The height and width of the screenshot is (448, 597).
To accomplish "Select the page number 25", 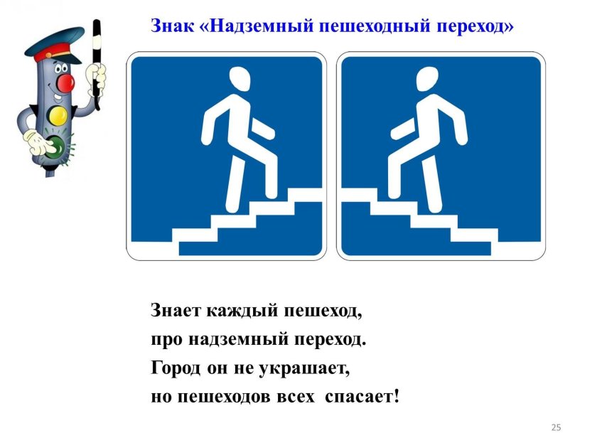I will (x=556, y=427).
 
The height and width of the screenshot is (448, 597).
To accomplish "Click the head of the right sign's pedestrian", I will (x=428, y=79).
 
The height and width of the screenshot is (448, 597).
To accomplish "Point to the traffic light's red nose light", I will (x=65, y=83).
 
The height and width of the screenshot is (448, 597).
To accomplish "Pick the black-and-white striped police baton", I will (x=97, y=64).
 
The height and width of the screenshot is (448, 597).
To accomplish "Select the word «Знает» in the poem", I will (x=176, y=311).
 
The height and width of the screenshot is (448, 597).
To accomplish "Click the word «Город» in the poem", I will (x=175, y=368).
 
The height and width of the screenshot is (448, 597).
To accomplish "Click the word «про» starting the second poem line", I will (x=166, y=340).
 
